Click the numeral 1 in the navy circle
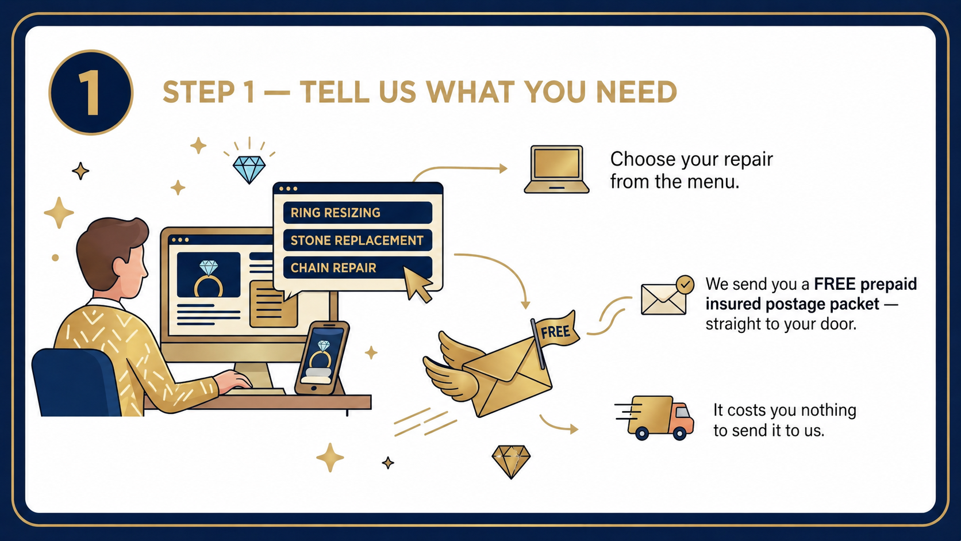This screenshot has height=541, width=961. tap(90, 93)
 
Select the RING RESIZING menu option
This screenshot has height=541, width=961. tap(358, 213)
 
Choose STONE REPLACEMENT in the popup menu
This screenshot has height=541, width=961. tap(358, 240)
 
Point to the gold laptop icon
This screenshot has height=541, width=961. tap(556, 170)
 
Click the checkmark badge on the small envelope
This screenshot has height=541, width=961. tap(685, 285)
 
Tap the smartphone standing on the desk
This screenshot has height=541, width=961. tap(322, 358)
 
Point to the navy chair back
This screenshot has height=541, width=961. tap(75, 382)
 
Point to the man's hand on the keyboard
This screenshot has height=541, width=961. tap(234, 380)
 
